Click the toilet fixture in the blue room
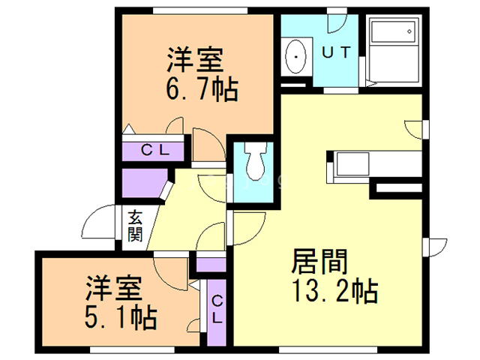(x=254, y=161)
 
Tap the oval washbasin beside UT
(x=295, y=57)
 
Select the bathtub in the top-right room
(x=394, y=49)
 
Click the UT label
(x=336, y=52)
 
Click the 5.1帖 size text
(x=121, y=317)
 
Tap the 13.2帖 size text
(x=335, y=291)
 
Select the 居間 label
(x=319, y=261)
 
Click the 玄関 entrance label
(x=135, y=226)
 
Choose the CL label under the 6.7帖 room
(x=155, y=150)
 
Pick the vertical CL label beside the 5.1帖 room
(x=217, y=309)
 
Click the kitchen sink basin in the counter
(x=352, y=164)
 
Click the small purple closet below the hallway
(x=211, y=265)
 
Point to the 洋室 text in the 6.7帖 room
(x=195, y=60)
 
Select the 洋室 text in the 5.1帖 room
(x=113, y=288)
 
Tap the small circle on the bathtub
(x=409, y=31)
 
